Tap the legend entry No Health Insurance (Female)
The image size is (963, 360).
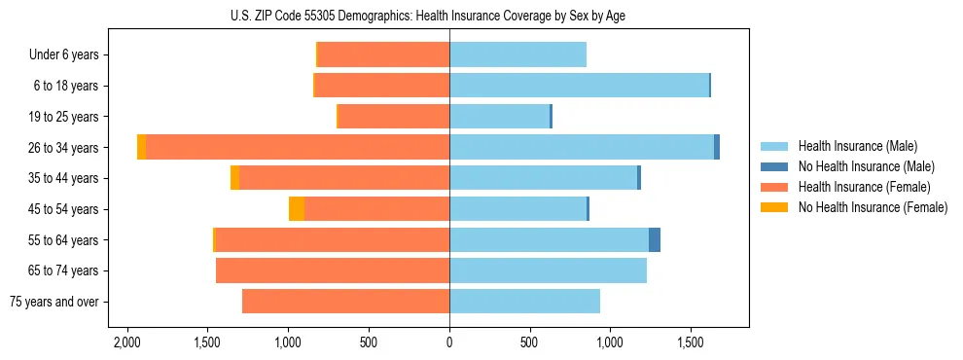coord(873,207)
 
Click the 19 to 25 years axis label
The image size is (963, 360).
coord(63,117)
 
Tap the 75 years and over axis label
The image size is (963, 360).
coord(54,302)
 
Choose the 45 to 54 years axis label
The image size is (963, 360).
coord(63,209)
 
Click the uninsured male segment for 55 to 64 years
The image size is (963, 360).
coord(655,239)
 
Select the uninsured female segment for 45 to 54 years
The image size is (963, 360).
coord(297,209)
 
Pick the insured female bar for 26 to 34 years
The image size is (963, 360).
coord(298,147)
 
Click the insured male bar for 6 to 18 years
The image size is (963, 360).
coord(579,86)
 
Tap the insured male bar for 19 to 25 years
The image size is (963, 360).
coord(499,117)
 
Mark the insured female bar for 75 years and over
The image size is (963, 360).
coord(345,302)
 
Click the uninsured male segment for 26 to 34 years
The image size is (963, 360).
coord(717,147)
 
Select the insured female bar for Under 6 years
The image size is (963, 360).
coord(383,54)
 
